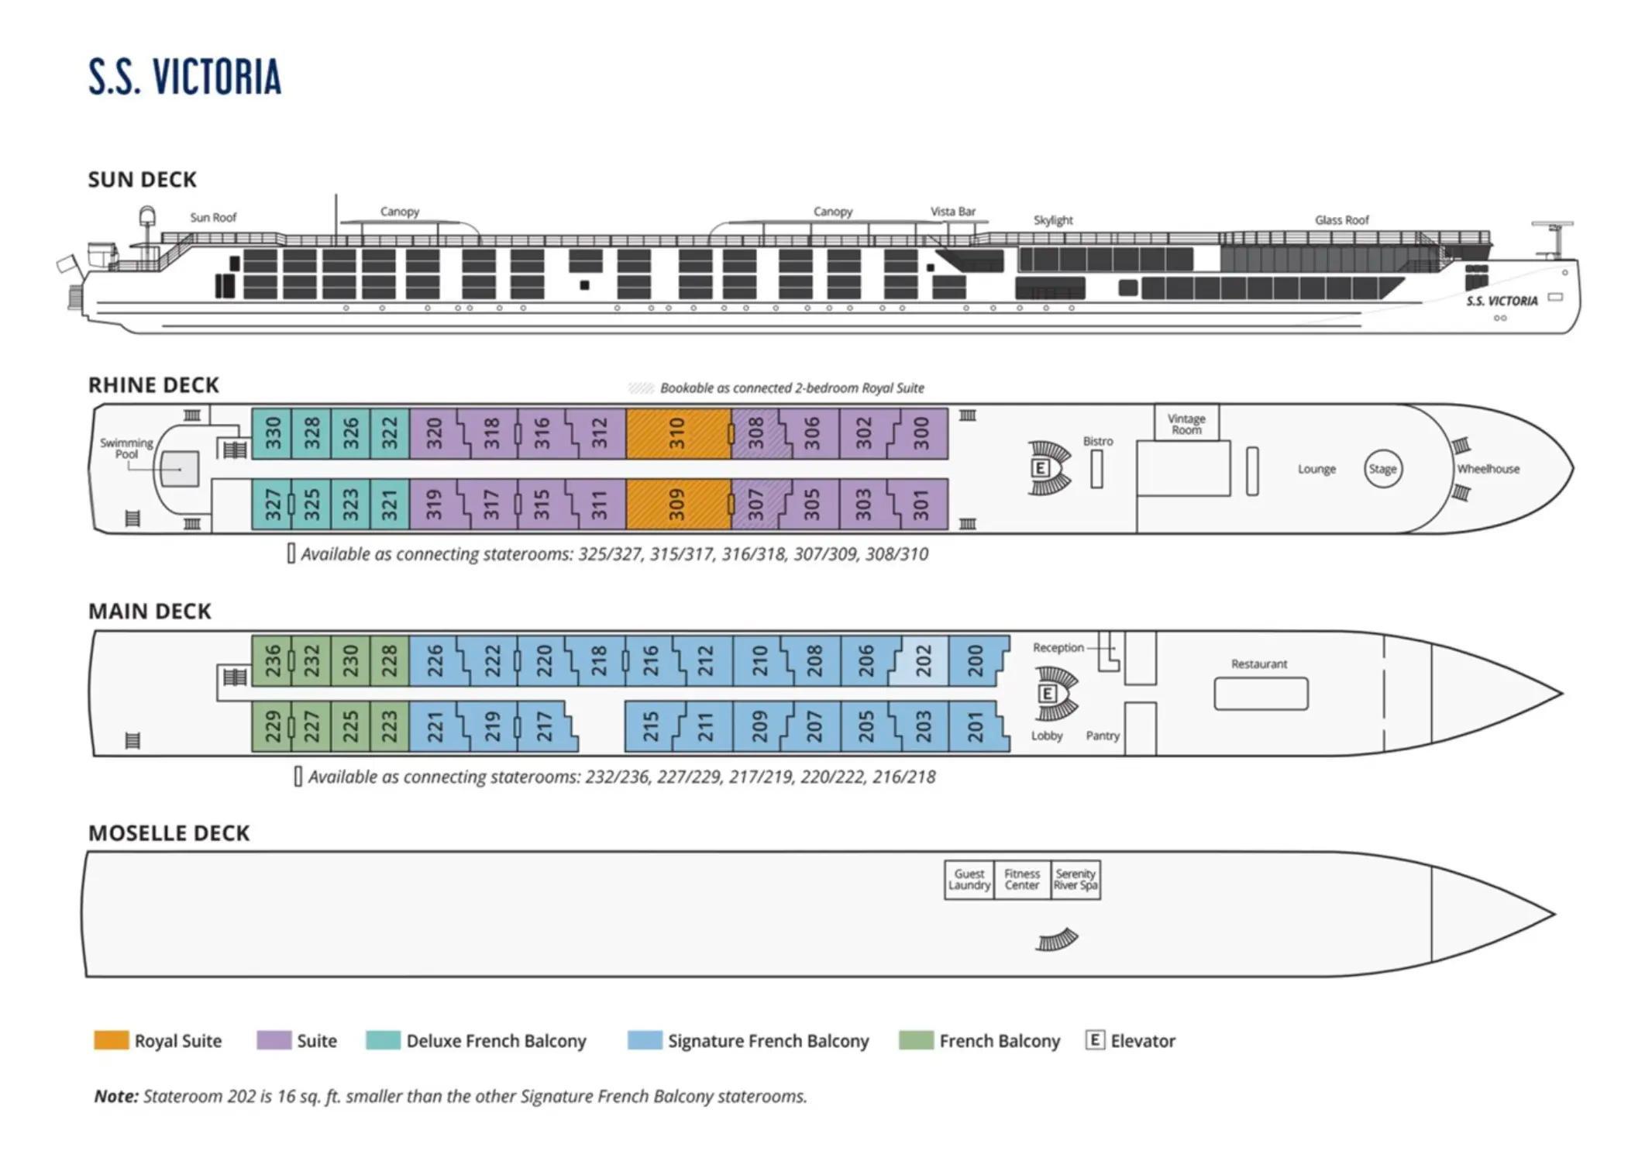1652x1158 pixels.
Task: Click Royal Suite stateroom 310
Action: point(678,433)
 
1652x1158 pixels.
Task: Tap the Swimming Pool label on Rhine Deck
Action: point(126,448)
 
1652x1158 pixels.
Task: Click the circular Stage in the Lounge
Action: point(1382,469)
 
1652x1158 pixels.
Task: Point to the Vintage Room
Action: point(1186,422)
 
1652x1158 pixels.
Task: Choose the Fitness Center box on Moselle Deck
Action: point(1022,880)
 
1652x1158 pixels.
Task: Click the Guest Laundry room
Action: point(969,880)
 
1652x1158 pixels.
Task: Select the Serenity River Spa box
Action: point(1076,880)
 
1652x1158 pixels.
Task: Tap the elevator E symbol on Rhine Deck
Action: point(1040,467)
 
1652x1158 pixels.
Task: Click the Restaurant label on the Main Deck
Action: point(1259,663)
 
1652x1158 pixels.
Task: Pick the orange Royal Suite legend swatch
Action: point(111,1040)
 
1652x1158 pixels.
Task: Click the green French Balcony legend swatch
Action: point(916,1040)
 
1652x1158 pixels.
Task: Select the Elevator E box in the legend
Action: point(1095,1040)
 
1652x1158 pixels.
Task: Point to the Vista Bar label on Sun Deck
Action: point(953,212)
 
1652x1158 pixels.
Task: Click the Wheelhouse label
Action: point(1488,469)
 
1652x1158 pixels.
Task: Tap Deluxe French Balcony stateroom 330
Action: point(272,433)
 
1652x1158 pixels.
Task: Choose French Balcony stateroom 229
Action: point(272,726)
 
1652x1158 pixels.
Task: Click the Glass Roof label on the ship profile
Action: point(1341,220)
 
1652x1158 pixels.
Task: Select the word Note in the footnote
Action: point(116,1096)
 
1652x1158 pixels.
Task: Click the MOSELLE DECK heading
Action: point(169,833)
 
